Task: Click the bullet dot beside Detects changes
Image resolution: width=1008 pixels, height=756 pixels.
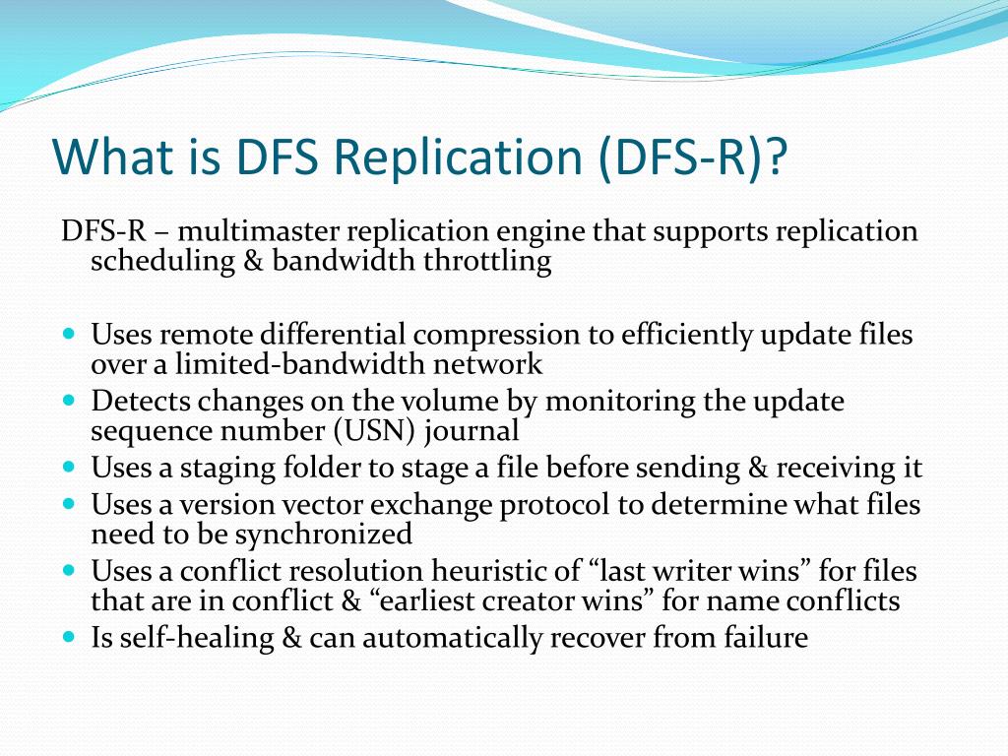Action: tap(69, 402)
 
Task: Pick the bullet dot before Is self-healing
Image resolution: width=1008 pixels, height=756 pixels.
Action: tap(69, 637)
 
